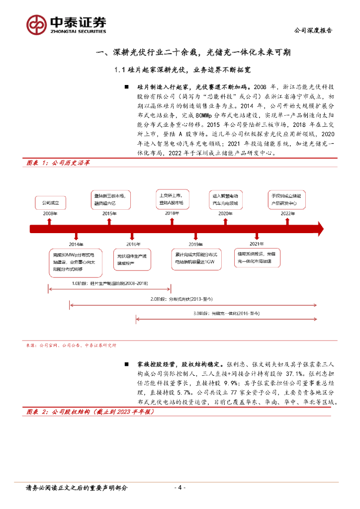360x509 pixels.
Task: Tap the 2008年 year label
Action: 50,213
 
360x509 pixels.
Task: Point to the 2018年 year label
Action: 172,213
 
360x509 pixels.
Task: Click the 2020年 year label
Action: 225,213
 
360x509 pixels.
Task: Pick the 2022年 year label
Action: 287,213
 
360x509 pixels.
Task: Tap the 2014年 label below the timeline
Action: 76,245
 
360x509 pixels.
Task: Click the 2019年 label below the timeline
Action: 194,245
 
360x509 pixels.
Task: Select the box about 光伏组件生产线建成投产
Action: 130,259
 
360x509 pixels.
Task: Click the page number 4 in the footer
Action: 180,488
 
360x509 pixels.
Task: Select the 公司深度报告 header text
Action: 313,30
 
